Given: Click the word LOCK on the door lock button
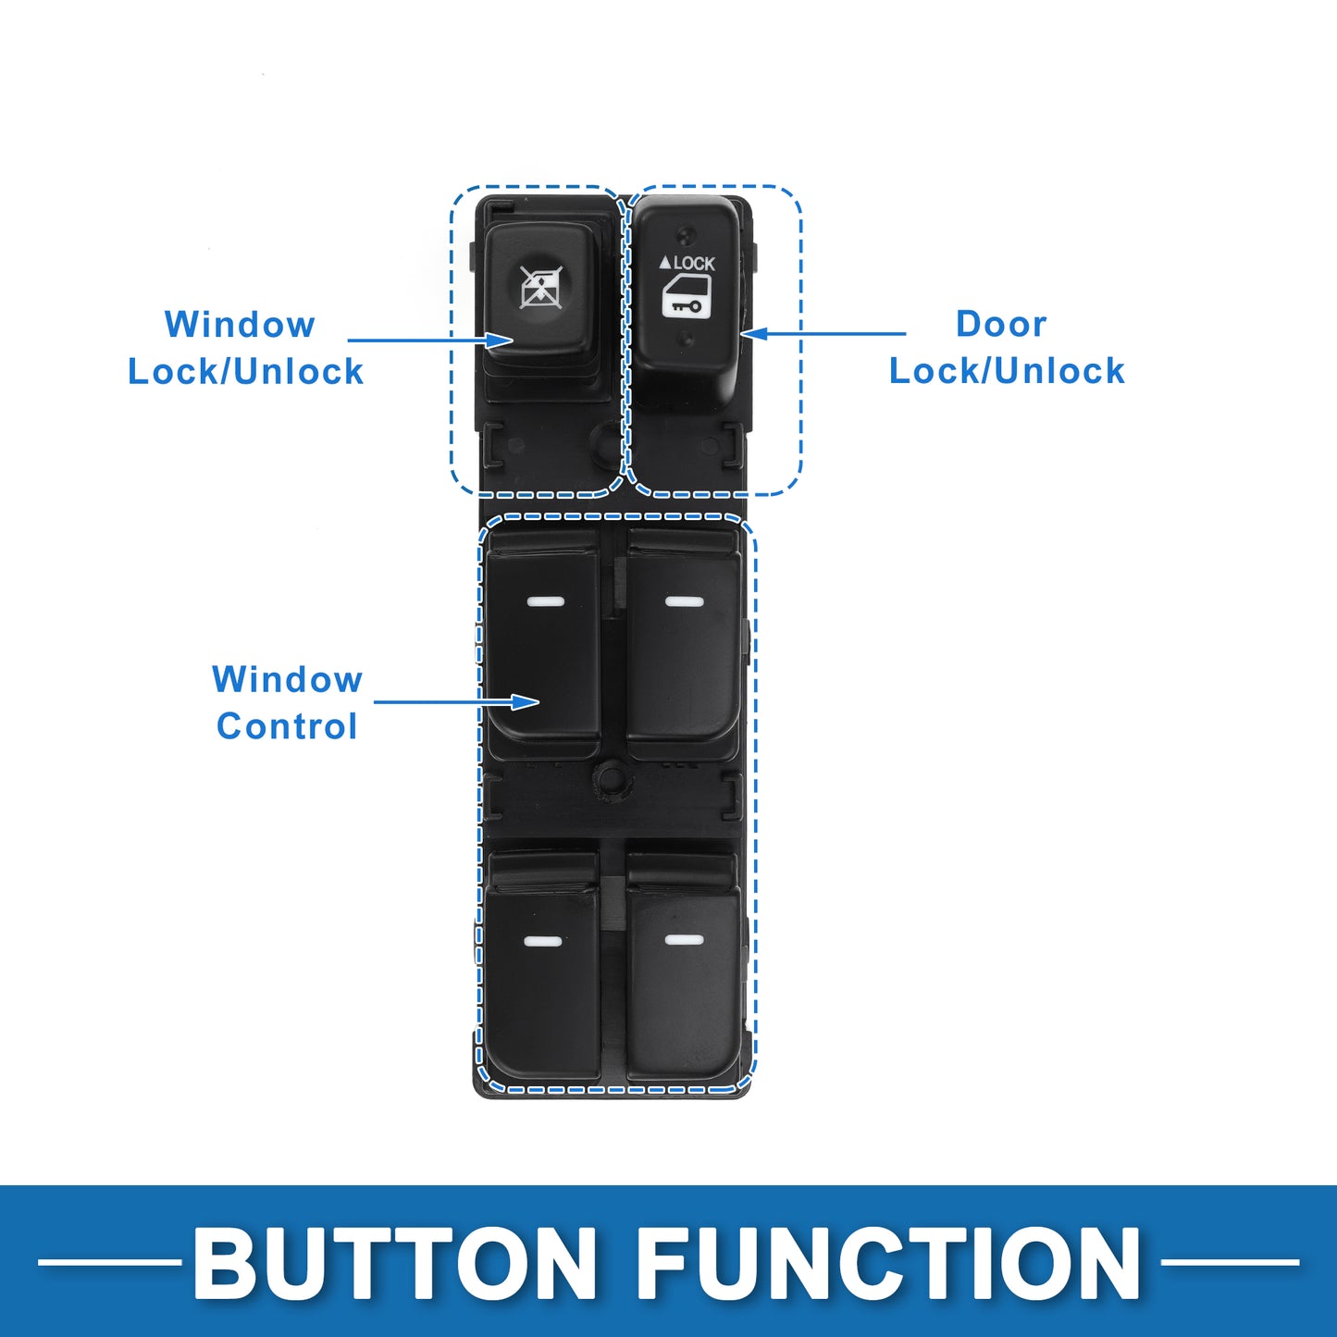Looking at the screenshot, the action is pyautogui.click(x=694, y=263).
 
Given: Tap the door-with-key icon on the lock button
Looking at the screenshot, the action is pyautogui.click(x=687, y=296).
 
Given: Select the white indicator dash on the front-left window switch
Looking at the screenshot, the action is pyautogui.click(x=545, y=601).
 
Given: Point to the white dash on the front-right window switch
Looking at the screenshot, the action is pyautogui.click(x=684, y=601).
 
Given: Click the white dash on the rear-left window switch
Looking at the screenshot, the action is pyautogui.click(x=542, y=942).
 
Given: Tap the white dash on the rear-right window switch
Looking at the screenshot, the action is pyautogui.click(x=684, y=940).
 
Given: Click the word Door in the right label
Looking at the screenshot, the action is pyautogui.click(x=1000, y=324).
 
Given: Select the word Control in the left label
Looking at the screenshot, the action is pyautogui.click(x=287, y=726).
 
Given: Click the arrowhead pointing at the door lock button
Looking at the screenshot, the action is pyautogui.click(x=753, y=334).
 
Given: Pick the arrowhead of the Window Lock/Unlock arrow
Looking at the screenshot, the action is pyautogui.click(x=500, y=340).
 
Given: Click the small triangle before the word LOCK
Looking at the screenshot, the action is pyautogui.click(x=664, y=262).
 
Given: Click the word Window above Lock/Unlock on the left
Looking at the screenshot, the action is pyautogui.click(x=240, y=324).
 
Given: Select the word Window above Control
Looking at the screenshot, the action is pyautogui.click(x=287, y=679).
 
